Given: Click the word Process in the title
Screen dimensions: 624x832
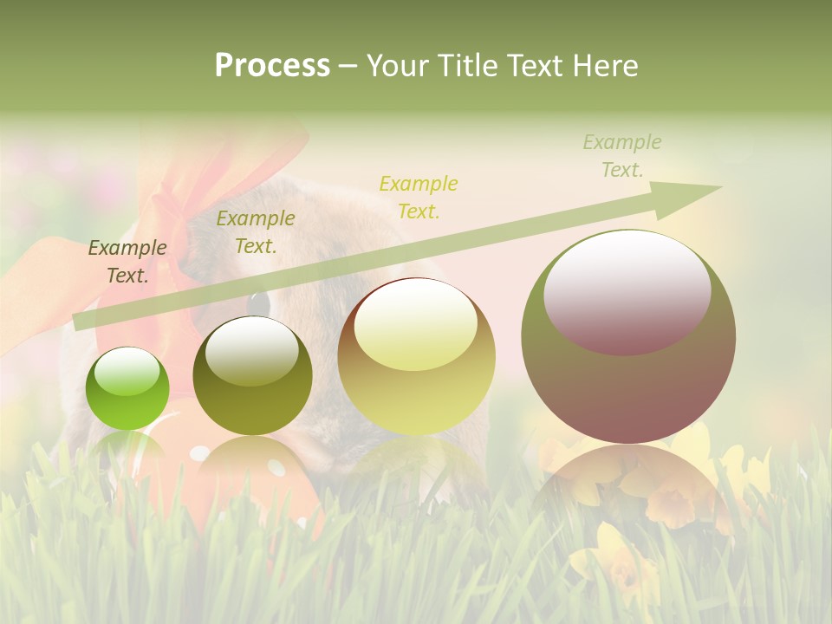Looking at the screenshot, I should (272, 66).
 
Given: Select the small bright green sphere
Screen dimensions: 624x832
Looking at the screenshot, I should (127, 388).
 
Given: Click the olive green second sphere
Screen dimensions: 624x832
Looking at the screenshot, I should (252, 376).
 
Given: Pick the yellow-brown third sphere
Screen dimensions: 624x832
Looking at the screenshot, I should (416, 356).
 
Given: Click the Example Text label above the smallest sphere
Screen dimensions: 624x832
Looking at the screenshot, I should (127, 262).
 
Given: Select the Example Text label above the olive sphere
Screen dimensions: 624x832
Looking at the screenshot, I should (255, 232).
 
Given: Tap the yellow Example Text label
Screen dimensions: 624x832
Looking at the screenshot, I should (419, 197).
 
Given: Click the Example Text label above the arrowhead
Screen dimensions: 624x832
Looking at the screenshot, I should (621, 156).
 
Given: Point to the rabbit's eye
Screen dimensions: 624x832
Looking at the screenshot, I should (258, 302).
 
